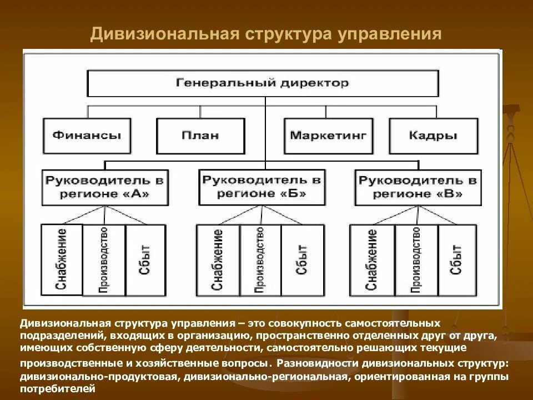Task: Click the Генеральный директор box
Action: (263, 83)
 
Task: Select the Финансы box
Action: (87, 136)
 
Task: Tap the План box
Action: (200, 136)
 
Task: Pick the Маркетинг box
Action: (328, 136)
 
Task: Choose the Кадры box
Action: (433, 136)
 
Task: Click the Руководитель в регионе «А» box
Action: (105, 187)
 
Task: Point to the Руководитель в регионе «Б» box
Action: (262, 187)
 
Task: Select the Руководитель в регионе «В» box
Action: (418, 187)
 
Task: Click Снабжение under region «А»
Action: (62, 259)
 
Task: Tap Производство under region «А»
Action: (104, 259)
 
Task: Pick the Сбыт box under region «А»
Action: (145, 259)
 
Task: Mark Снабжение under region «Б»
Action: (218, 259)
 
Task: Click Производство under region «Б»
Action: (260, 259)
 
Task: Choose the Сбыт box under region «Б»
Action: (301, 259)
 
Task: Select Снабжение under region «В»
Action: (371, 259)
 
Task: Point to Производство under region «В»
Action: (416, 259)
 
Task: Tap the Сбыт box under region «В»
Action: (457, 259)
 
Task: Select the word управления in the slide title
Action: (389, 34)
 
